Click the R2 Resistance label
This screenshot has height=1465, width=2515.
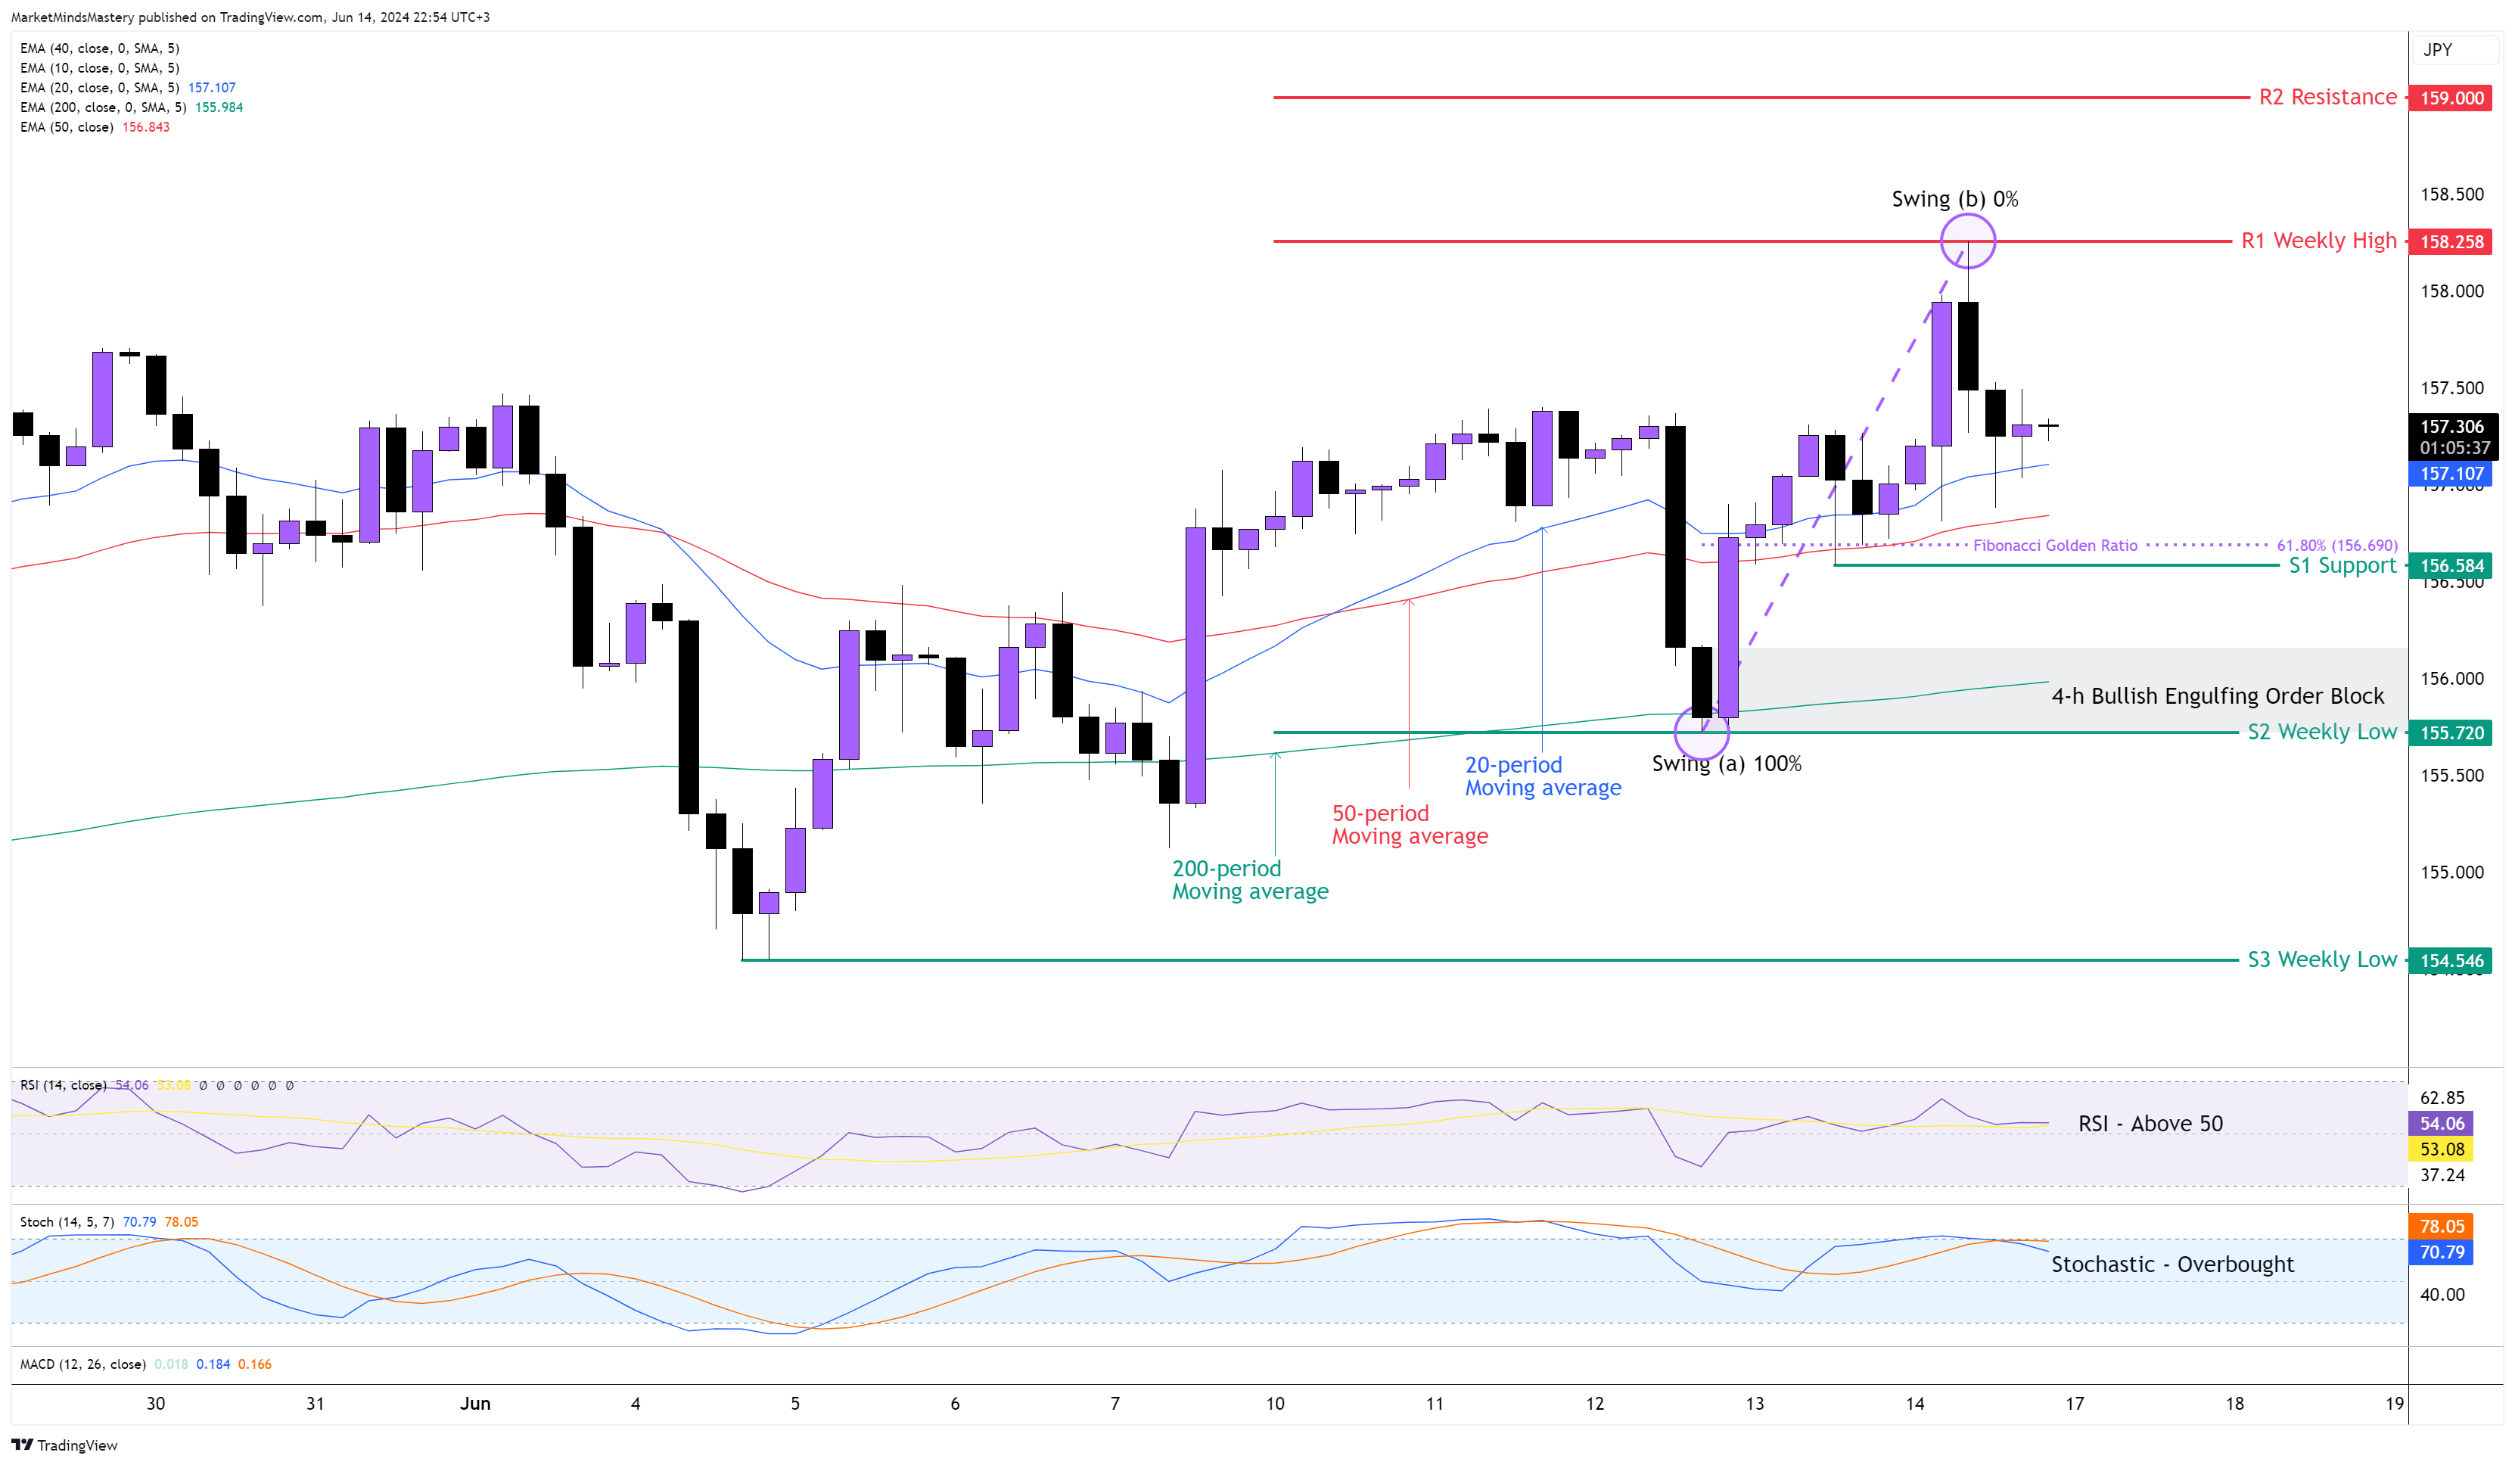pos(2327,97)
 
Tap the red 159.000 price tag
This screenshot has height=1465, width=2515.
pos(2451,98)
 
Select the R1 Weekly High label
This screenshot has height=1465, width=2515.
pos(2318,241)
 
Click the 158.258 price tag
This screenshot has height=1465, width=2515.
pos(2451,241)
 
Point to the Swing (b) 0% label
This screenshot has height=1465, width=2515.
pos(1954,198)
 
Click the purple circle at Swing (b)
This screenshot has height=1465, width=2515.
pos(1967,241)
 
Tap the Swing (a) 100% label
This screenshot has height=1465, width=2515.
pos(1726,764)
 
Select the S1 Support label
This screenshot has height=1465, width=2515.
pos(2341,566)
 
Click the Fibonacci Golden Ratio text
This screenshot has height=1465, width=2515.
pos(2055,545)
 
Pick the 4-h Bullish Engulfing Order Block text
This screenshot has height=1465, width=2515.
pos(2217,695)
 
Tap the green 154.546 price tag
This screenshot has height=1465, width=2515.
pos(2451,960)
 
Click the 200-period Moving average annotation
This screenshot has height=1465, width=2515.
pos(1249,879)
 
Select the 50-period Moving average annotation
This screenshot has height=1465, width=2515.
pos(1409,824)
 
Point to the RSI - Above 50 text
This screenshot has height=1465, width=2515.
pos(2150,1123)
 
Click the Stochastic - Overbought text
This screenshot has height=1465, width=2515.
pos(2171,1264)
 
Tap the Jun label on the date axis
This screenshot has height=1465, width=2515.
pos(475,1403)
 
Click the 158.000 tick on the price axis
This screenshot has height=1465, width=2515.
pos(2451,291)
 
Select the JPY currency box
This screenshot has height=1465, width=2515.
pos(2437,50)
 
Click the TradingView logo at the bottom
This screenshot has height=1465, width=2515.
pos(65,1445)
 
